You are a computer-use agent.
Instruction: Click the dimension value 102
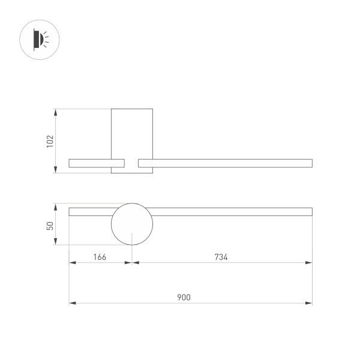50,141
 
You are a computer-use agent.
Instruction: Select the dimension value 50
50,225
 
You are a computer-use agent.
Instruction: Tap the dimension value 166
100,257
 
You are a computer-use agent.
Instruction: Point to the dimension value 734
221,257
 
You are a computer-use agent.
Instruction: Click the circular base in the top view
132,224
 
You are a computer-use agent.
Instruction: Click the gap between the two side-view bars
131,163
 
